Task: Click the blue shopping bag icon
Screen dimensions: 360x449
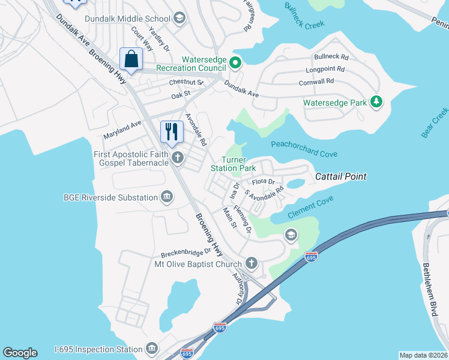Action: pyautogui.click(x=130, y=59)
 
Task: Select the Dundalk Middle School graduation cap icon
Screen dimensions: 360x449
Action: pyautogui.click(x=178, y=19)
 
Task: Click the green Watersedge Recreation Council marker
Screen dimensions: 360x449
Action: pyautogui.click(x=235, y=62)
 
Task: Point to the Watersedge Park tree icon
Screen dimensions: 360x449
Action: pyautogui.click(x=376, y=103)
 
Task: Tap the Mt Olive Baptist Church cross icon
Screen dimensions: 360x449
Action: pyautogui.click(x=252, y=263)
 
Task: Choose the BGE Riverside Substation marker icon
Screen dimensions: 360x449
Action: pyautogui.click(x=167, y=197)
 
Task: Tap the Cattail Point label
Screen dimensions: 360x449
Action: pyautogui.click(x=341, y=176)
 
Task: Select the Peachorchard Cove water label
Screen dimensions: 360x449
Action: pyautogui.click(x=304, y=149)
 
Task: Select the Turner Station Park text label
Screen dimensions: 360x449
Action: pyautogui.click(x=234, y=164)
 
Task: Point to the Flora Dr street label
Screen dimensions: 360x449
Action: pyautogui.click(x=263, y=181)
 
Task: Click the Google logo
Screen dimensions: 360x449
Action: pyautogui.click(x=20, y=353)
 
